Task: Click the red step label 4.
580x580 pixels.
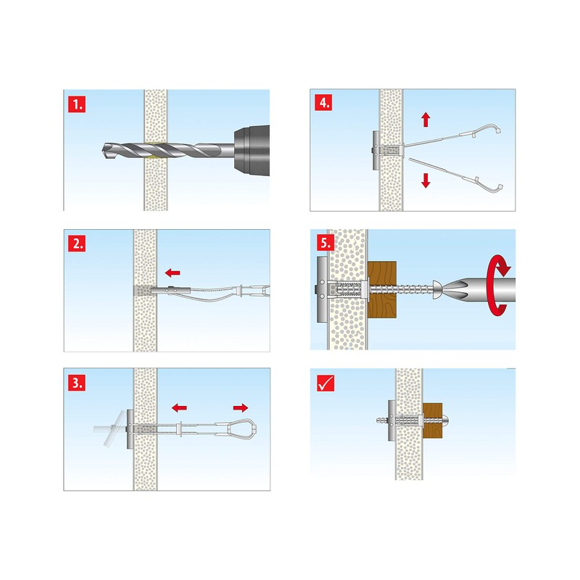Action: click(323, 101)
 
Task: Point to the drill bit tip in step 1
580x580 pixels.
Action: click(101, 152)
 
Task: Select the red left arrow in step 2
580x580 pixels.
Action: click(173, 273)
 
